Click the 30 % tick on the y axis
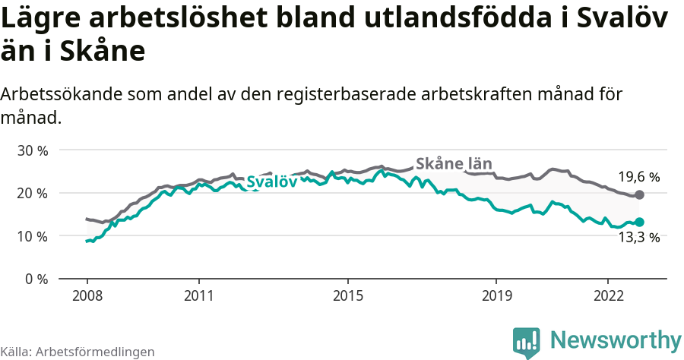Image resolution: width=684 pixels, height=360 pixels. [32, 150]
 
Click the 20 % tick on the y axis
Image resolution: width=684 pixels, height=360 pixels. [32, 193]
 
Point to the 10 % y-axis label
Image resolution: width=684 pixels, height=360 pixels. [32, 236]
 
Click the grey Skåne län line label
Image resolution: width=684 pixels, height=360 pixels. [454, 164]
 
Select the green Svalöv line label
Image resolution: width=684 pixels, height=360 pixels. [271, 182]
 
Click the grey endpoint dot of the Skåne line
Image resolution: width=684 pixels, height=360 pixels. [639, 195]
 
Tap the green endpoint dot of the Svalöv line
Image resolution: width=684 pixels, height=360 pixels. [639, 222]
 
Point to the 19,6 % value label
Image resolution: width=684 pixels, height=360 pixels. [638, 177]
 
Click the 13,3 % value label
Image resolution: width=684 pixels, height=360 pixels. [638, 238]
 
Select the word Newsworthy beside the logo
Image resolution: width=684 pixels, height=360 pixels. [616, 339]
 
